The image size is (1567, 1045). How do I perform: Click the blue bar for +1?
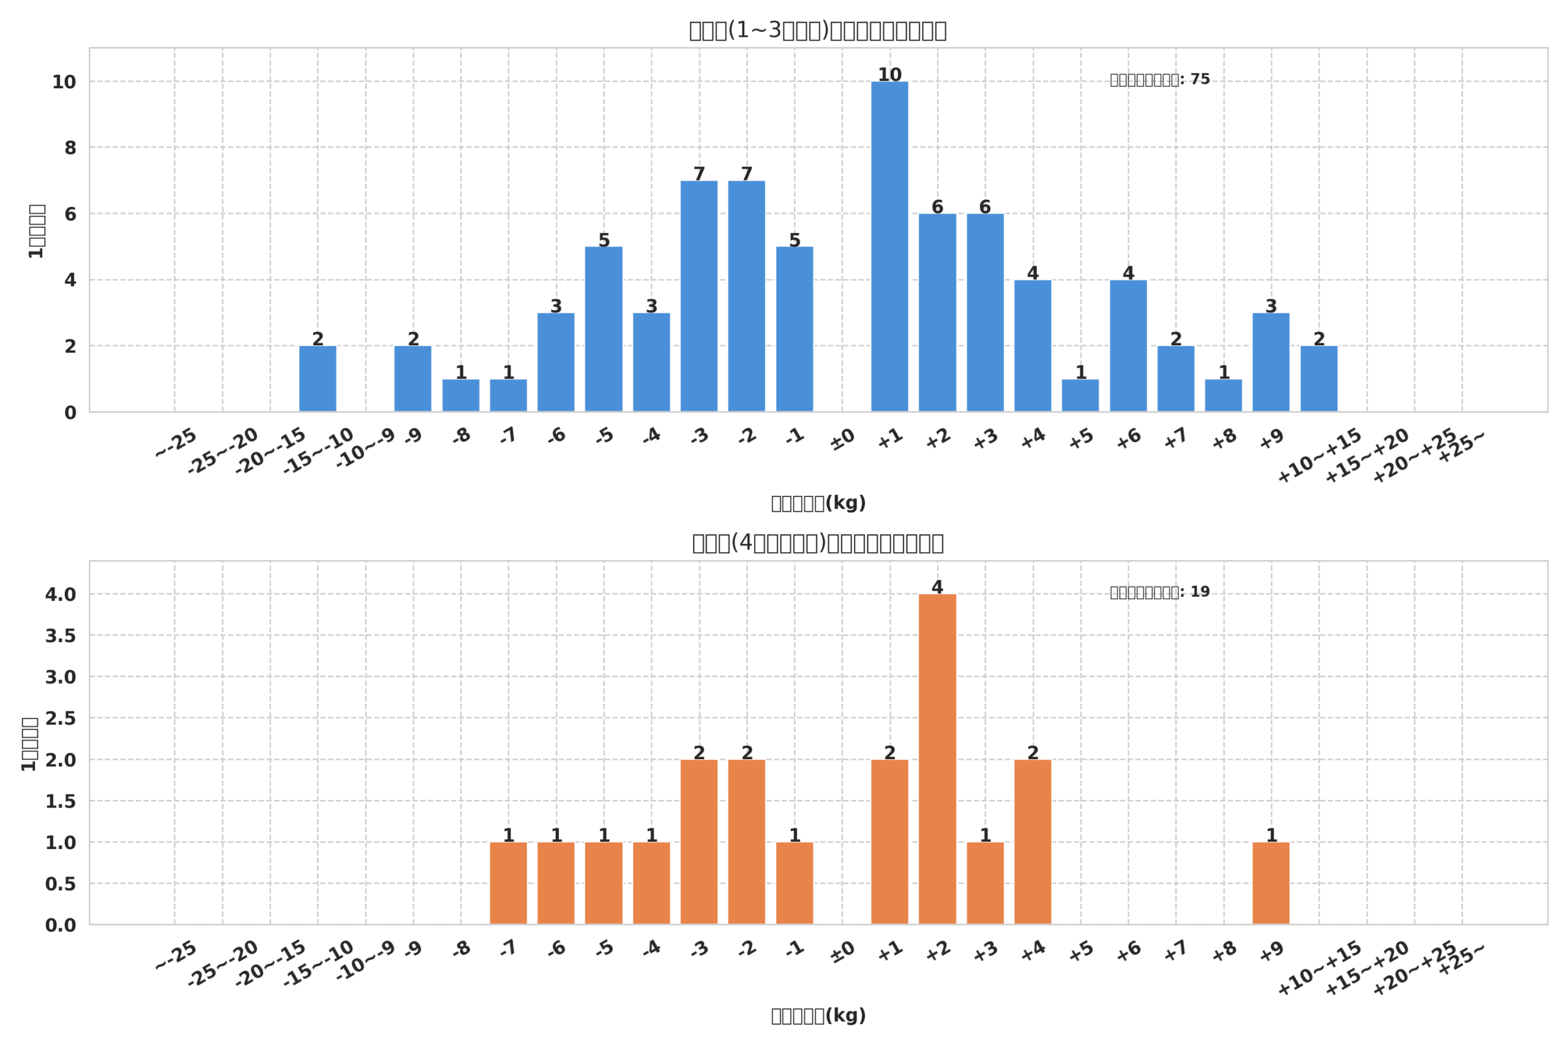pos(889,247)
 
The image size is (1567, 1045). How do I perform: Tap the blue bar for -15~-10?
pos(318,378)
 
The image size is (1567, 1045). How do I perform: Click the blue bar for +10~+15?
pos(1319,378)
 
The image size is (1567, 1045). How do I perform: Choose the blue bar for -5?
pos(604,329)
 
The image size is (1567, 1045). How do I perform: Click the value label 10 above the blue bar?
pos(889,75)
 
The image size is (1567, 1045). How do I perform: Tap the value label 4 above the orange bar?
pos(937,587)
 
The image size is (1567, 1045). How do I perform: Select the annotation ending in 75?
pos(1159,80)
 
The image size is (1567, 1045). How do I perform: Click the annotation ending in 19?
pos(1159,592)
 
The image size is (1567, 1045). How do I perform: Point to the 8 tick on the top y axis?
pos(70,148)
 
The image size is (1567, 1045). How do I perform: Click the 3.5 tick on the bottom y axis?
pos(61,636)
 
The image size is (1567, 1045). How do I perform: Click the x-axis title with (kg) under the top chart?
pos(818,503)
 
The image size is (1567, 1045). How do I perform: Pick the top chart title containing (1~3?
pos(818,31)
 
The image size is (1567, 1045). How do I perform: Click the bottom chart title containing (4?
pos(818,543)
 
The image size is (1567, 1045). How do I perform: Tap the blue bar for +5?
pos(1080,395)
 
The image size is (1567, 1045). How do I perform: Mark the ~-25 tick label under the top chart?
pos(176,443)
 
